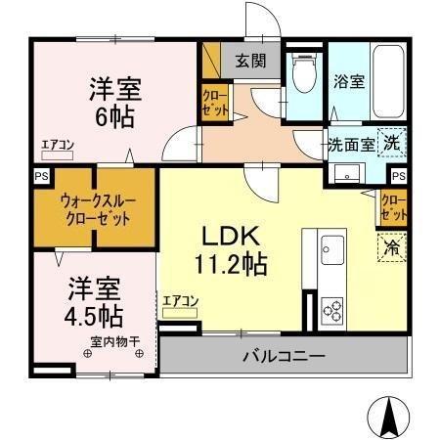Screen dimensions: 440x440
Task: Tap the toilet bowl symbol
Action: coord(303,70)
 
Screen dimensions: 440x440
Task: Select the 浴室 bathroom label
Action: coord(352,82)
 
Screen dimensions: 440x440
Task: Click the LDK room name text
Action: coord(231,237)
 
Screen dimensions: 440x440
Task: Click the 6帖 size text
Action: coord(115,114)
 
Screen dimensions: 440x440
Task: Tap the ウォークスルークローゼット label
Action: coord(95,208)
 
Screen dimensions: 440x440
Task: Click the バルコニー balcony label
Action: coord(283,356)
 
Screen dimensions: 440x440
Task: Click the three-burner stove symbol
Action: coord(333,312)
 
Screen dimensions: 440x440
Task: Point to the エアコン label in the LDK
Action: coord(181,300)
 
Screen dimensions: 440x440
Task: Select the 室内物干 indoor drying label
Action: coord(115,341)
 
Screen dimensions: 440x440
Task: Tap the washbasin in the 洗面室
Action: coord(346,172)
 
